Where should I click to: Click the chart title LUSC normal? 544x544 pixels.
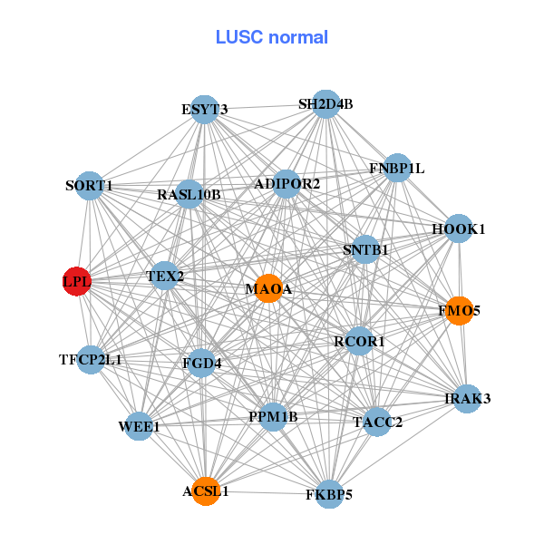point(272,37)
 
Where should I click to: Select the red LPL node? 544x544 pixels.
point(77,281)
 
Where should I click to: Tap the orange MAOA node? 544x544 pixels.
point(268,288)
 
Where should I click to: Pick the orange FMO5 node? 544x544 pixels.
point(460,310)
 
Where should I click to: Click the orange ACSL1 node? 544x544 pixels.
point(206,491)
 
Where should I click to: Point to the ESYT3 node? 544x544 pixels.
point(204,111)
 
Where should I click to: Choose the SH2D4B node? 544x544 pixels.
point(326,104)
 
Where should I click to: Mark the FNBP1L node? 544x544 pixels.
point(397,168)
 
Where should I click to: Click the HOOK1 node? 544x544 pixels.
point(459,228)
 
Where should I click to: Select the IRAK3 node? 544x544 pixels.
point(467,399)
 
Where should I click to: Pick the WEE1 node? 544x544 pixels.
point(139,426)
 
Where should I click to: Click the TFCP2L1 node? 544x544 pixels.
point(91,360)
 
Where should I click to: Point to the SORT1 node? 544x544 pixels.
point(89,186)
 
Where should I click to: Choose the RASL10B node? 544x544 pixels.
point(189,194)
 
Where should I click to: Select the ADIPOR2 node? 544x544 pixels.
point(287,184)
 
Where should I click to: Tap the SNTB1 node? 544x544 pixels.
point(365,249)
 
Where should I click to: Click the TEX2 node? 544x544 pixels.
point(164,276)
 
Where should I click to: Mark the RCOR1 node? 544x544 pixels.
point(360,342)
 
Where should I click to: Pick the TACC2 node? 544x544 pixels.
point(377,422)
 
